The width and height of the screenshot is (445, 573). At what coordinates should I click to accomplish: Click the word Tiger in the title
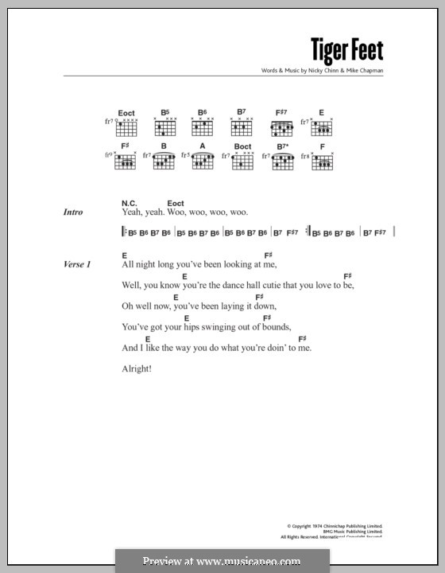[x=327, y=52]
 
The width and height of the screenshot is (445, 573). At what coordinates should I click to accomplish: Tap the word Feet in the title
[x=366, y=52]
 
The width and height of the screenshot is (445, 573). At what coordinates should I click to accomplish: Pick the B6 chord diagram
[x=202, y=127]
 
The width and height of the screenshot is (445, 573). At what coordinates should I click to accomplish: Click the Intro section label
[x=73, y=212]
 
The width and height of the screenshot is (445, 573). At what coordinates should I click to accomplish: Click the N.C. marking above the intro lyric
[x=130, y=204]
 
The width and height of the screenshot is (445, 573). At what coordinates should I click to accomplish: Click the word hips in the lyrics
[x=193, y=326]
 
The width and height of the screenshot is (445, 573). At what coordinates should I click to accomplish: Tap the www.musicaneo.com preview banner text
[x=222, y=561]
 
